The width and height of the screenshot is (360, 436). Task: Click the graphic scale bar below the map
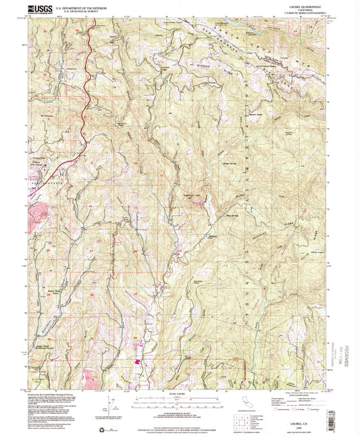click(180, 402)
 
